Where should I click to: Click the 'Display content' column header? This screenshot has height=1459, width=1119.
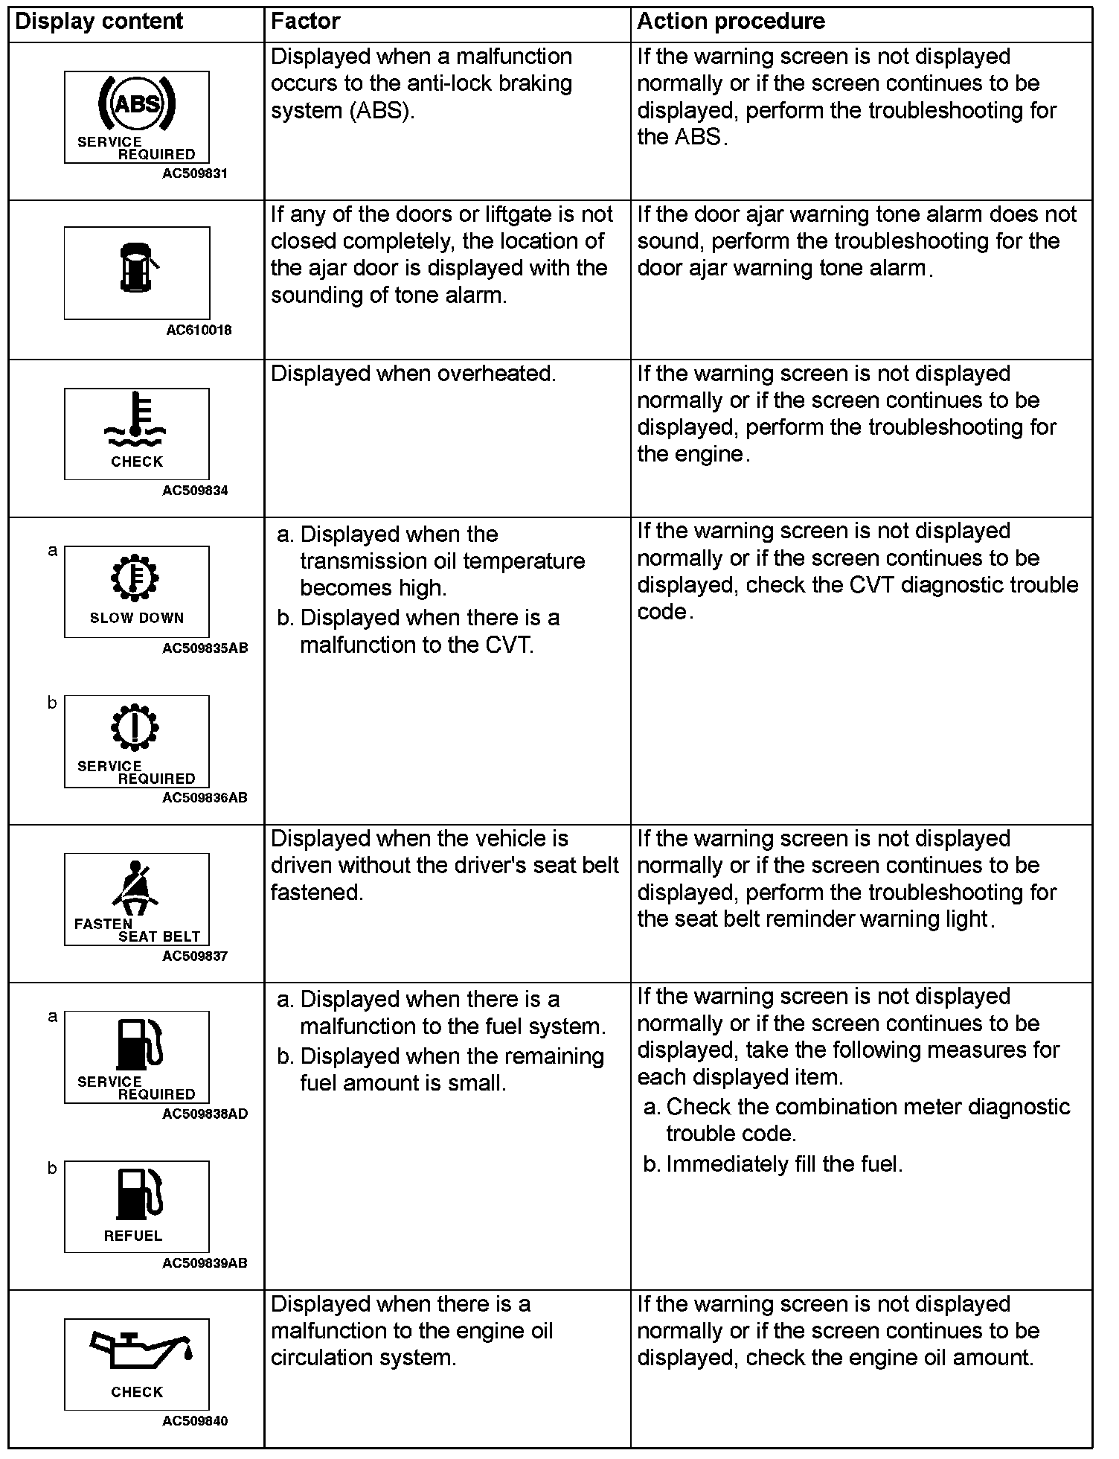tap(99, 22)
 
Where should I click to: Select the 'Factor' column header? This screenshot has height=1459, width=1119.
tap(305, 22)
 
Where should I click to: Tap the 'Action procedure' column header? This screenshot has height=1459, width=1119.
tap(731, 22)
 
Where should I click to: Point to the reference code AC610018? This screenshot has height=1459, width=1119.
tap(199, 330)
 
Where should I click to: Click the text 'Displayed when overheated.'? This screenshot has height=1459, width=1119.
tap(413, 374)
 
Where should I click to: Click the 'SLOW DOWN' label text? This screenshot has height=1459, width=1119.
tap(137, 618)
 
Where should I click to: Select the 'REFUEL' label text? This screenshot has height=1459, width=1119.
tap(133, 1236)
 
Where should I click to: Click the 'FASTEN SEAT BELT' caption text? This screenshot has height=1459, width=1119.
tap(137, 930)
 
